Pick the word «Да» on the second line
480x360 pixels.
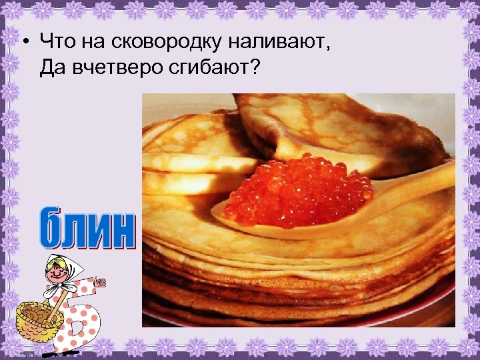click(x=51, y=67)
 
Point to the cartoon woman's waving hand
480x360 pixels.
click(x=101, y=283)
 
